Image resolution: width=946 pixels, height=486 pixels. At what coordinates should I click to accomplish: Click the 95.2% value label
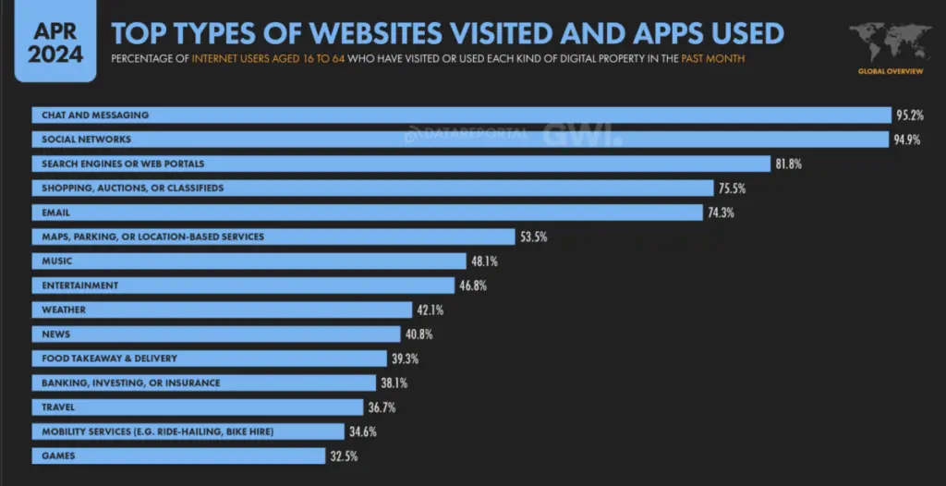(910, 115)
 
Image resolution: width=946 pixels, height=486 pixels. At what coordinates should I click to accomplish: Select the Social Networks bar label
(86, 140)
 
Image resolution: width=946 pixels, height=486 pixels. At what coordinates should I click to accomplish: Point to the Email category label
(55, 213)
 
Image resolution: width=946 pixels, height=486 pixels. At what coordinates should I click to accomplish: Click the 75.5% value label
(731, 188)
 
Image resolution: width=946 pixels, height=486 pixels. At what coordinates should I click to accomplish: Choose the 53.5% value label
(533, 237)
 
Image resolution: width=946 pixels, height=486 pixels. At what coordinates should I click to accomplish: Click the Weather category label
(63, 310)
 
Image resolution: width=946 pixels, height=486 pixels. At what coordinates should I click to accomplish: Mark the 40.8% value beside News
(418, 334)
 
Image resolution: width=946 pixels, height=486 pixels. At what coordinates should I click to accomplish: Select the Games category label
(56, 456)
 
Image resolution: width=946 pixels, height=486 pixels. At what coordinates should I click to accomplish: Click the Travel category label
(58, 407)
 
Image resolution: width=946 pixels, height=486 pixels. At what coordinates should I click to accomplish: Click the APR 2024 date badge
(55, 42)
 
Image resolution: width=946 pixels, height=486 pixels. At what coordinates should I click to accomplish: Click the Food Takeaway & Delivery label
(109, 358)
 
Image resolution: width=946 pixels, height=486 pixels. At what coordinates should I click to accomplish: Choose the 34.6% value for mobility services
(361, 431)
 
